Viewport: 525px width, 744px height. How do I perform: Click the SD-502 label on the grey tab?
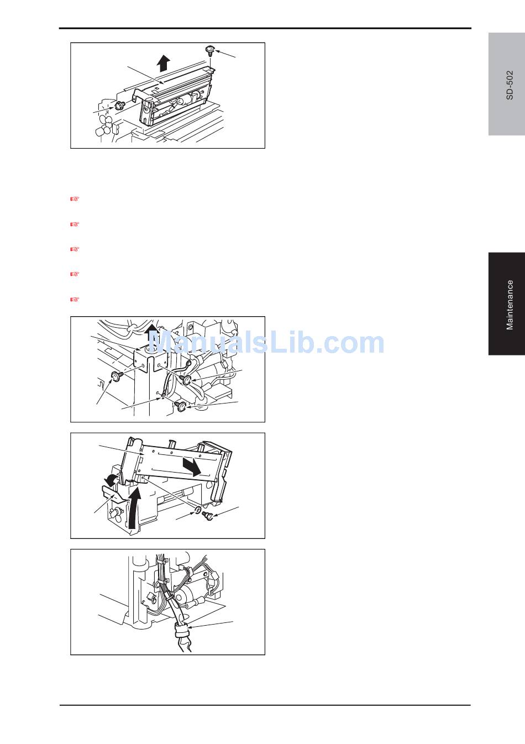click(510, 85)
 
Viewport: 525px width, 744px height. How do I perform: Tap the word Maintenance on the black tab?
click(510, 305)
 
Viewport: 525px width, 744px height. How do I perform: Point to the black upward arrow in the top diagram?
click(163, 63)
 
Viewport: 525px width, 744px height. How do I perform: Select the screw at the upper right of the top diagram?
click(210, 50)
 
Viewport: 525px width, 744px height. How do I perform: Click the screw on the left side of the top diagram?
click(119, 106)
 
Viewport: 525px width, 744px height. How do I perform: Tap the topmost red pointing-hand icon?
click(75, 199)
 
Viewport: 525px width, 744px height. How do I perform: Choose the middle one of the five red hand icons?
click(75, 249)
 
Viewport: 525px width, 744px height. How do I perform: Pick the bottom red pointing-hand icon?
click(75, 299)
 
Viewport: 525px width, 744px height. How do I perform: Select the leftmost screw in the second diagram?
click(117, 376)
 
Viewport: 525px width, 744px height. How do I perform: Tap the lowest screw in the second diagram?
click(181, 406)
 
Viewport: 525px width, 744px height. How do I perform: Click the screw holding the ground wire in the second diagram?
click(186, 379)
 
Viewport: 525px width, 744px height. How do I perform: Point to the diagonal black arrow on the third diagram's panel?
click(192, 467)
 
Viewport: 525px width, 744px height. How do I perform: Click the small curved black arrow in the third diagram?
click(111, 480)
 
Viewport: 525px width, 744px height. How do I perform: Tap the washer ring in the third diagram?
click(197, 510)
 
